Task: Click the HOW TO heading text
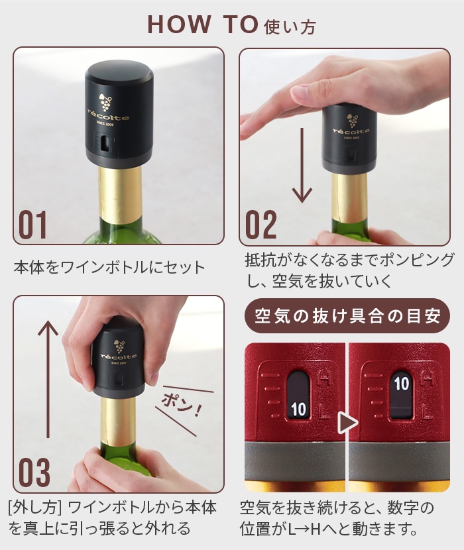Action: click(202, 24)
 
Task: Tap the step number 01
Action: click(32, 225)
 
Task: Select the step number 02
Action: click(261, 225)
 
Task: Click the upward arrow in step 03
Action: click(47, 378)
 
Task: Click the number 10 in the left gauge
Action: click(298, 409)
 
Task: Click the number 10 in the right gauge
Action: click(402, 382)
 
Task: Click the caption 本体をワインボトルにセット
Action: click(109, 268)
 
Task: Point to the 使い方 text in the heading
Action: click(290, 27)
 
